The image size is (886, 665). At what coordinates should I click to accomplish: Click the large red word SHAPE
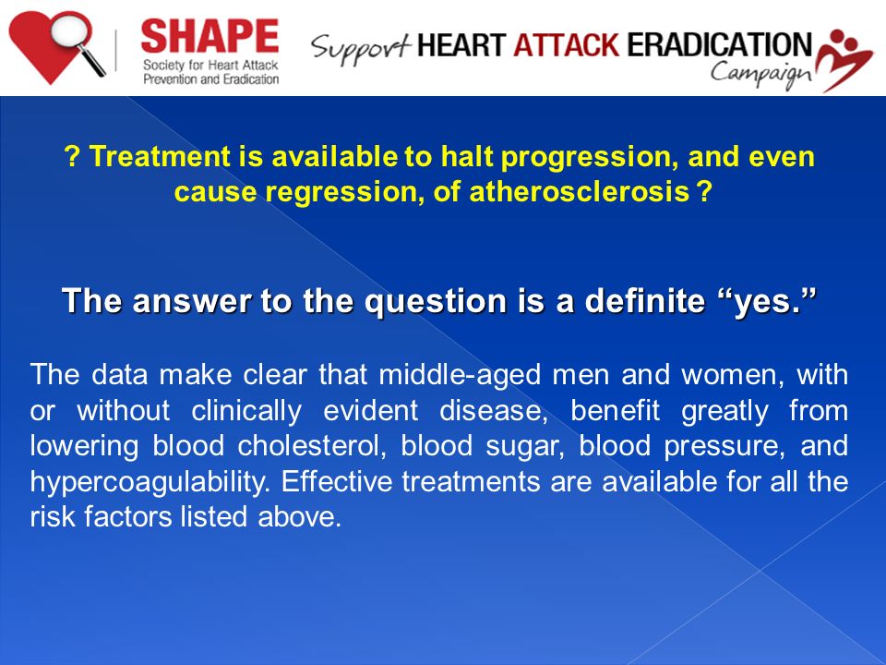[210, 37]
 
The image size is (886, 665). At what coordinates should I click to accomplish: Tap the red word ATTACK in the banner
[566, 44]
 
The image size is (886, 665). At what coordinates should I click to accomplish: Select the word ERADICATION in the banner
[719, 44]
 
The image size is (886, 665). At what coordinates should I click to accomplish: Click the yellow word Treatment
[160, 156]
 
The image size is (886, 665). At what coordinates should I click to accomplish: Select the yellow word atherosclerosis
[580, 192]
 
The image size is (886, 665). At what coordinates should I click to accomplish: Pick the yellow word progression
[590, 157]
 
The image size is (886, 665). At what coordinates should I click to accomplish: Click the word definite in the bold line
[645, 299]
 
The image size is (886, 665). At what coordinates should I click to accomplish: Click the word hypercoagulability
[150, 482]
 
